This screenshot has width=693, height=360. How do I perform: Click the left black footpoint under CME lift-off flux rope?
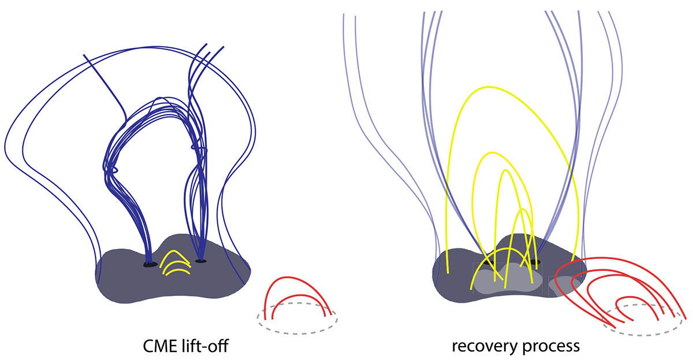pos(150,265)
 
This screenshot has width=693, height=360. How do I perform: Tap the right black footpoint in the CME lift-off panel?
pos(201,261)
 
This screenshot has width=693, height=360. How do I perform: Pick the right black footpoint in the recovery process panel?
pos(535,262)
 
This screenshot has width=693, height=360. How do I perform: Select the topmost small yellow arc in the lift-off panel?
pos(175,259)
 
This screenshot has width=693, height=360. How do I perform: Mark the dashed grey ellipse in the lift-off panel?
pos(297,318)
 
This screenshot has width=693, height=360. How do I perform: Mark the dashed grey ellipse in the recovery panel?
pos(643,320)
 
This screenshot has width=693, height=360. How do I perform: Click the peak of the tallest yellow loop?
pos(489,87)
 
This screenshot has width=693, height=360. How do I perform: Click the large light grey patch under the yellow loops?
pos(508,279)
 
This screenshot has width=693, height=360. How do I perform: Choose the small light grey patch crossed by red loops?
pos(564,285)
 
